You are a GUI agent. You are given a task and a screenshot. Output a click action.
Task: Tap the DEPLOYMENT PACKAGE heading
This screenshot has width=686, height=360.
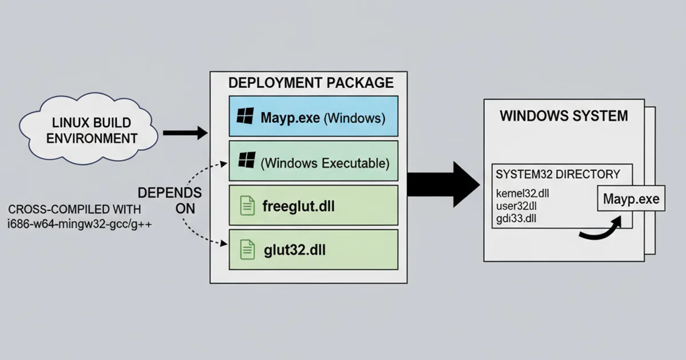pos(311,83)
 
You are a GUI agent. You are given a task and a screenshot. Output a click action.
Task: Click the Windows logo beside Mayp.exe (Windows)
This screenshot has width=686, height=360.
pos(245,118)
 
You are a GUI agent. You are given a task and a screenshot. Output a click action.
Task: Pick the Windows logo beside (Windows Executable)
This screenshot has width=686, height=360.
pos(247,161)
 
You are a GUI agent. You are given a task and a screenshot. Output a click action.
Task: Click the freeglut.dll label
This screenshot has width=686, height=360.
pos(298,205)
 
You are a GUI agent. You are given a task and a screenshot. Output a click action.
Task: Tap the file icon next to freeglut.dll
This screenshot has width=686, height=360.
pos(248,205)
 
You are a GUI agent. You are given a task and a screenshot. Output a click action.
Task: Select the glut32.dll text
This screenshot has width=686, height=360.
pos(296,250)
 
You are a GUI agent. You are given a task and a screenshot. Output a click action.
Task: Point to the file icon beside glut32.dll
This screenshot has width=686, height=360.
pos(248,250)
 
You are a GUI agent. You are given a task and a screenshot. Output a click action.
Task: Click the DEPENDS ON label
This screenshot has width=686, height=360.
pos(169,200)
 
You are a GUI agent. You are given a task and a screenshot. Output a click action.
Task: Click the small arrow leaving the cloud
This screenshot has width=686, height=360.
pos(185,133)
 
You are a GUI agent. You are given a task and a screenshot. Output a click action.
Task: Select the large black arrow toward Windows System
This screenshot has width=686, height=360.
pos(443,184)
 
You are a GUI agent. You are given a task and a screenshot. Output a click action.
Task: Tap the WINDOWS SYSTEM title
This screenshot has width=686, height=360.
pos(564,116)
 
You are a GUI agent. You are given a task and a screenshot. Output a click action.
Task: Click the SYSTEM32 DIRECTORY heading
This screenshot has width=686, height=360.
pos(557,174)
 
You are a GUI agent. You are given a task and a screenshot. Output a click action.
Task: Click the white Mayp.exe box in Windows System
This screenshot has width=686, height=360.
pos(631,199)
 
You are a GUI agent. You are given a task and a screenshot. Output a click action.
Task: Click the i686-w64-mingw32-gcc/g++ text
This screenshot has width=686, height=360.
pos(79,224)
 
